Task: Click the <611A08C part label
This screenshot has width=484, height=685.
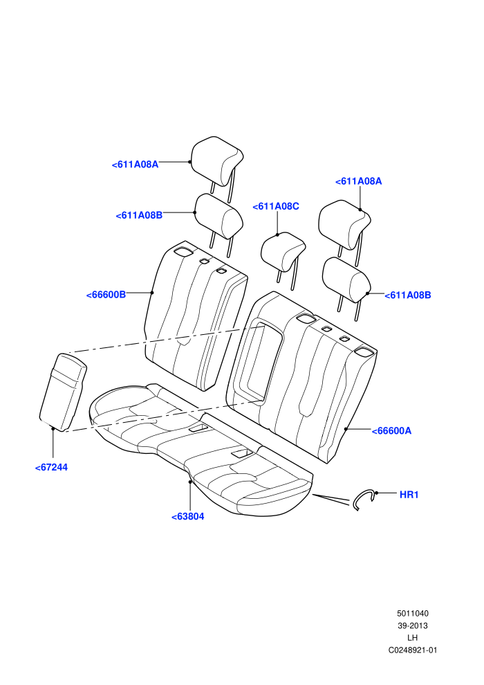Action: coord(276,206)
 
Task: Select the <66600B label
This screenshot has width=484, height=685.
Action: coord(106,295)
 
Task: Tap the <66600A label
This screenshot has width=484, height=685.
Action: coord(391,431)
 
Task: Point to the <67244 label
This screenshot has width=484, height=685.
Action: coord(51,468)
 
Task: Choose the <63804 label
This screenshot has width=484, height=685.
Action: coord(187,516)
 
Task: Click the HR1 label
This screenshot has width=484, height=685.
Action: coord(409,495)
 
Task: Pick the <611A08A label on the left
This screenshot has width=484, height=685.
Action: coord(135,165)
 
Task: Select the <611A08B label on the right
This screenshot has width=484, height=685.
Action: coord(408,295)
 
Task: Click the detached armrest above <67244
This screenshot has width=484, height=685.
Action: coord(63,392)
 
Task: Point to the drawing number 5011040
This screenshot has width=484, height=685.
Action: coord(412,613)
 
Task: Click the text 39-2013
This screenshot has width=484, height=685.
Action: coord(412,625)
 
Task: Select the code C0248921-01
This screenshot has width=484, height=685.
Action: coord(412,650)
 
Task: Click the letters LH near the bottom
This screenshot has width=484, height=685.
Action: coord(412,638)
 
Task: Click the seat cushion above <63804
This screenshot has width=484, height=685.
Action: coord(201,450)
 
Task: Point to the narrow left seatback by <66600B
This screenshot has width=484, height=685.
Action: coord(196,315)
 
